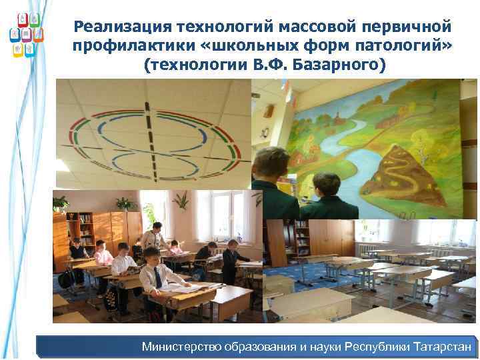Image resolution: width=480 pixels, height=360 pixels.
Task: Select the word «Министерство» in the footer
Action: [x=183, y=347]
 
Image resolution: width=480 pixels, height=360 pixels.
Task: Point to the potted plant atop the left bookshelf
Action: [x=61, y=203]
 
